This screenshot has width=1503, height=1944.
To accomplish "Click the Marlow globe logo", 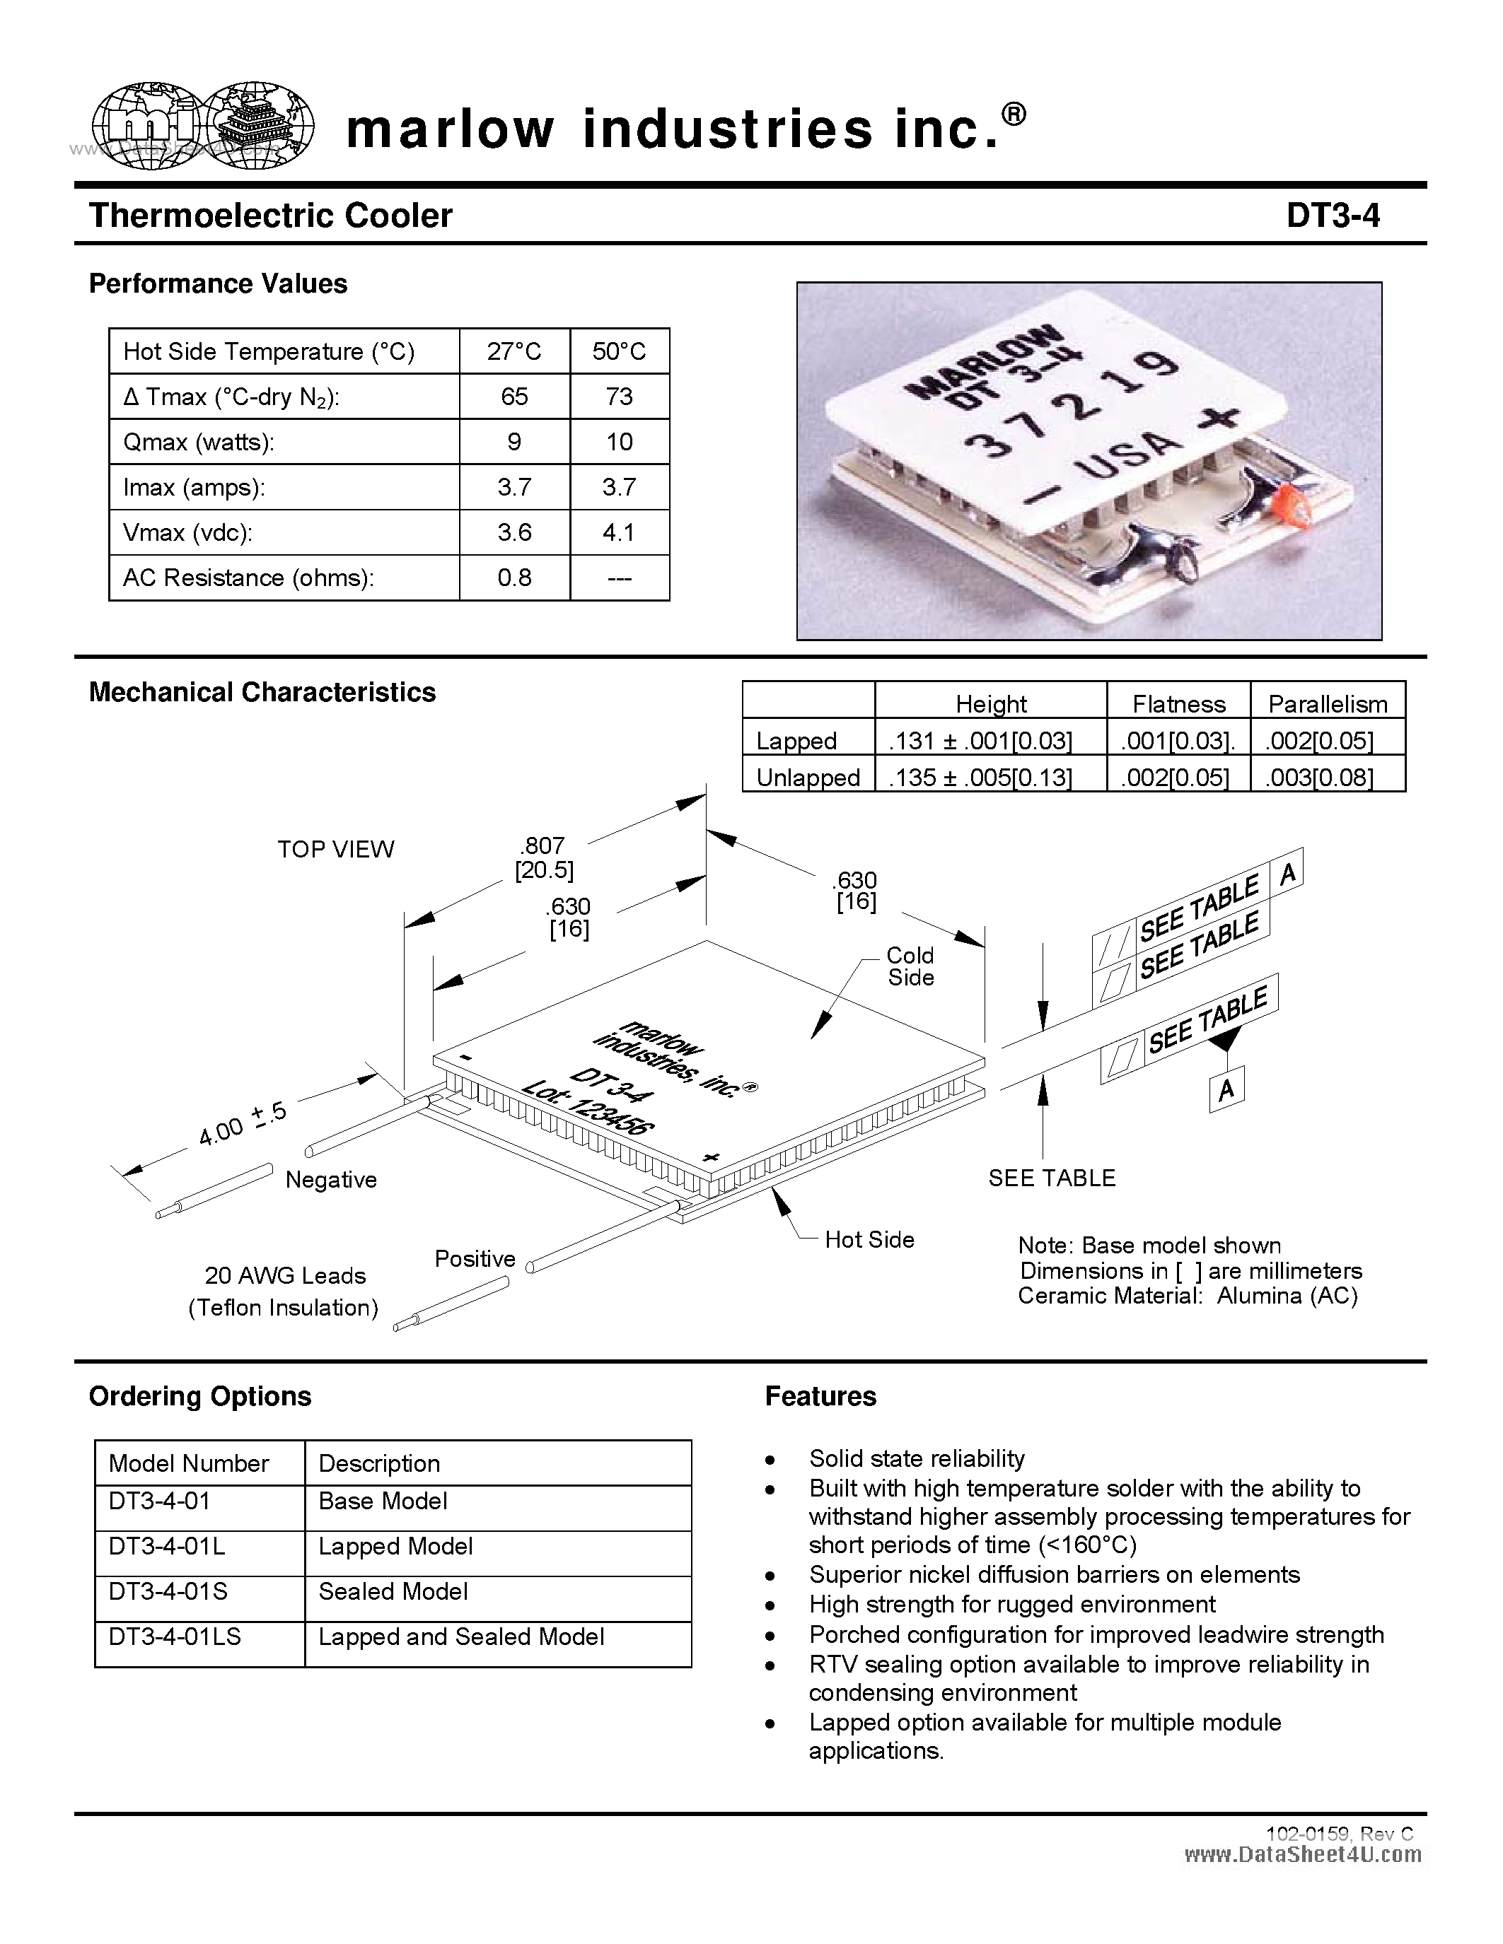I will pos(203,127).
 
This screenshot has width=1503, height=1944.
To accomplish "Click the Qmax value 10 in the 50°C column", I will pos(619,442).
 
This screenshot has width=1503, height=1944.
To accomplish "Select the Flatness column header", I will pos(1178,704).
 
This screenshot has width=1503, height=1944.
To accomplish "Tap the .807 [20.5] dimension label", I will pos(543,857).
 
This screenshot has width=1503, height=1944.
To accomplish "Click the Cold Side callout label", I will pos(910,966).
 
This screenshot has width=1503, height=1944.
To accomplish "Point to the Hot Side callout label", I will pos(869,1240).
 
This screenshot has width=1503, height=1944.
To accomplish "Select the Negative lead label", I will pos(331,1179).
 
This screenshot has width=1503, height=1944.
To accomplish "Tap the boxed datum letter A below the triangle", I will pos(1226,1090).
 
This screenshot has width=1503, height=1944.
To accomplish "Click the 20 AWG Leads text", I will pos(285,1275).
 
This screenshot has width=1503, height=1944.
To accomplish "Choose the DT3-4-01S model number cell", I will pos(168,1591).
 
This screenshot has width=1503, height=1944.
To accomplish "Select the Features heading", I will pos(820,1395).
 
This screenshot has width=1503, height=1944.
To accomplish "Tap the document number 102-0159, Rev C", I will pos(1339,1834).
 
